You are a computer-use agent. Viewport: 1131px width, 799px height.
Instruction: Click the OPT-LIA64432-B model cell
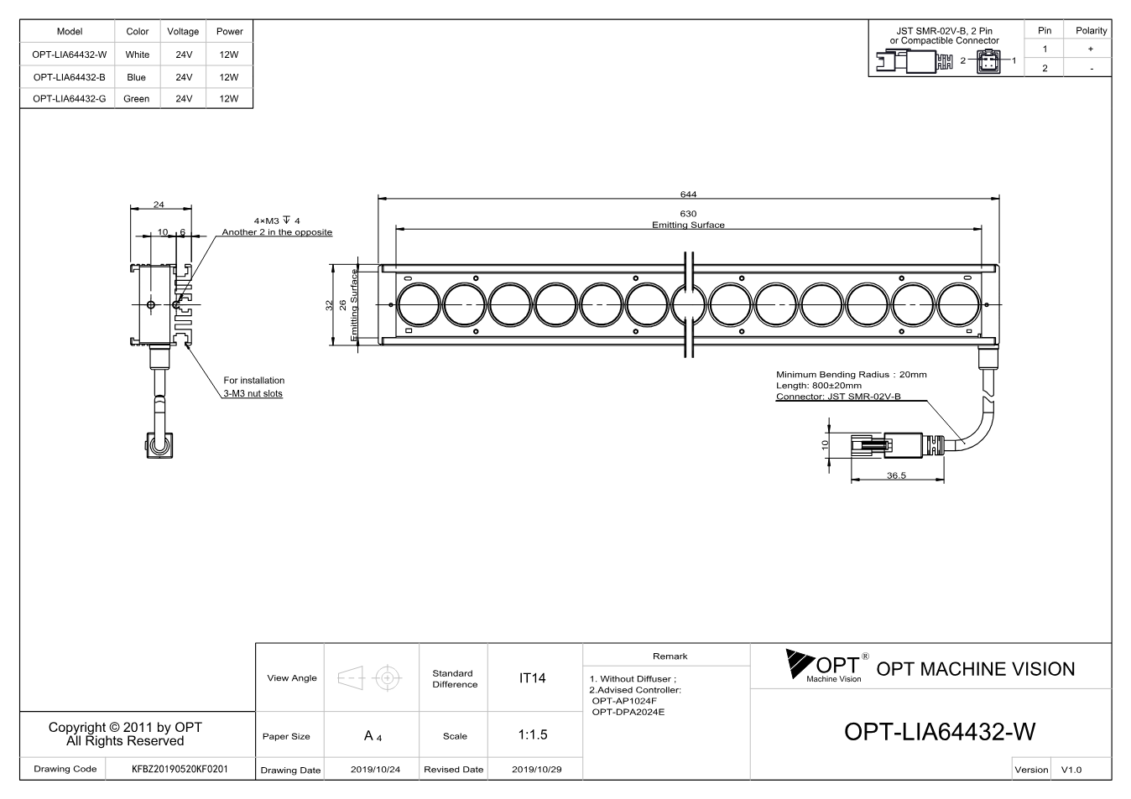pyautogui.click(x=69, y=77)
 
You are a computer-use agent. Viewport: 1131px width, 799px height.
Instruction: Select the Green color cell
pyautogui.click(x=136, y=99)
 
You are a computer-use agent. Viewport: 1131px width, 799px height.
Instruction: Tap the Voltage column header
pyautogui.click(x=183, y=31)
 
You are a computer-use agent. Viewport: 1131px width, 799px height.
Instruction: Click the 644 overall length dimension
pyautogui.click(x=688, y=195)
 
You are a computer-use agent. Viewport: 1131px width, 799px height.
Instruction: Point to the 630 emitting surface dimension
pyautogui.click(x=688, y=213)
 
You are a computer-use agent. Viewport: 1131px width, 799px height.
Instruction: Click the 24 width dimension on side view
pyautogui.click(x=159, y=205)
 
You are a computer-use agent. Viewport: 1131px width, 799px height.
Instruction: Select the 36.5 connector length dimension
pyautogui.click(x=896, y=475)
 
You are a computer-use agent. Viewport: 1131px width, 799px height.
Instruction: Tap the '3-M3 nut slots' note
pyautogui.click(x=253, y=393)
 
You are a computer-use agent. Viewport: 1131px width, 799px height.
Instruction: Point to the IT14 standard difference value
pyautogui.click(x=532, y=678)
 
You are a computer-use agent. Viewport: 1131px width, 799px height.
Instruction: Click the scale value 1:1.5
pyautogui.click(x=533, y=734)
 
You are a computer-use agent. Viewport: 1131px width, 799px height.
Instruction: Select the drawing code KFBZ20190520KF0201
pyautogui.click(x=180, y=769)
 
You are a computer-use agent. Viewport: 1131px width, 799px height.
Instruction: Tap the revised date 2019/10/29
pyautogui.click(x=536, y=770)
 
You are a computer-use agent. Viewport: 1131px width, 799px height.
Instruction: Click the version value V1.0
pyautogui.click(x=1071, y=770)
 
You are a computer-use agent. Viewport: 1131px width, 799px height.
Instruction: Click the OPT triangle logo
pyautogui.click(x=799, y=663)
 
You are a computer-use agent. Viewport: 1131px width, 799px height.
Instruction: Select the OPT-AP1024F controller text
pyautogui.click(x=624, y=701)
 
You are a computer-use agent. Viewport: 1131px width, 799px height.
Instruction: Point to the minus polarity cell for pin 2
pyautogui.click(x=1092, y=69)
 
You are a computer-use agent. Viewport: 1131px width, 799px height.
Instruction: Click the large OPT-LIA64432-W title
pyautogui.click(x=940, y=731)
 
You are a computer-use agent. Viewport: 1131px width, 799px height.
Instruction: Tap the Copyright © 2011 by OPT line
pyautogui.click(x=125, y=727)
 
